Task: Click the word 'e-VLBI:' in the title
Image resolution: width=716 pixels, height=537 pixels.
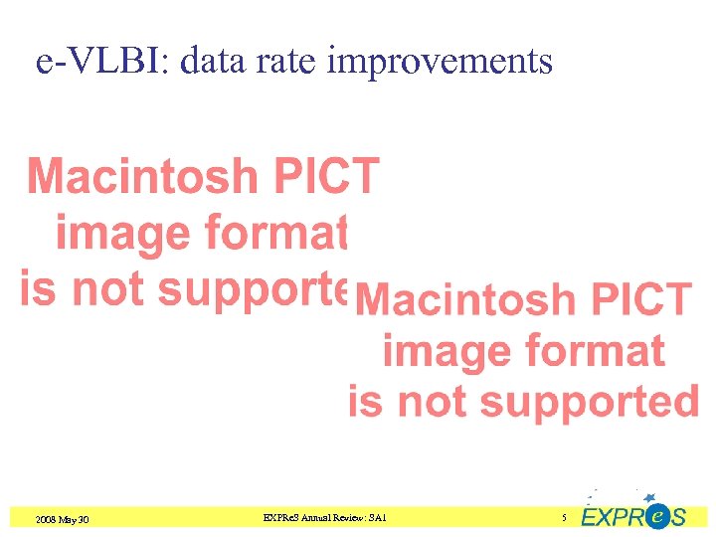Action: (90, 62)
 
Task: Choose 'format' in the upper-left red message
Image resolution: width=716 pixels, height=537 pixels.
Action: (275, 235)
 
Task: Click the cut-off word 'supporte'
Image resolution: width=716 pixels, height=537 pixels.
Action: (253, 290)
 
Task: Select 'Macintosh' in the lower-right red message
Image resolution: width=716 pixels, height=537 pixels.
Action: (468, 299)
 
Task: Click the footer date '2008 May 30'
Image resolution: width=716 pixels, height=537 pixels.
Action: (62, 519)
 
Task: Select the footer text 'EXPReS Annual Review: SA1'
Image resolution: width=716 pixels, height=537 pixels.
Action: (324, 518)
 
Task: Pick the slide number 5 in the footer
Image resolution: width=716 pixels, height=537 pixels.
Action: (564, 518)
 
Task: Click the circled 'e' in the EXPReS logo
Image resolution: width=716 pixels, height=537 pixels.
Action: (656, 516)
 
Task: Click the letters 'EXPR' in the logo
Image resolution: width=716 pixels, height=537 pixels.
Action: (612, 518)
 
